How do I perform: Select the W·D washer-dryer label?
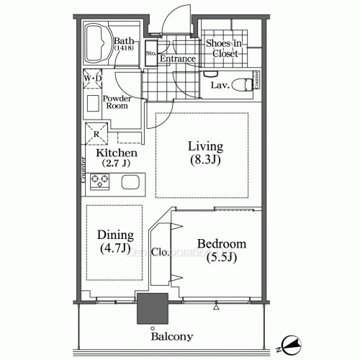93,77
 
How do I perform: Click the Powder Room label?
115,101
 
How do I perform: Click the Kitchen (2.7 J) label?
116,158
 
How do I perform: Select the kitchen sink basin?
130,181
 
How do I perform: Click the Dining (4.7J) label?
115,242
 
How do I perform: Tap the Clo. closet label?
161,252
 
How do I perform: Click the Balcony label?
171,336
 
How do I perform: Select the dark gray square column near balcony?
152,310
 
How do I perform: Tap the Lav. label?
220,86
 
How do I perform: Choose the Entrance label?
178,58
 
